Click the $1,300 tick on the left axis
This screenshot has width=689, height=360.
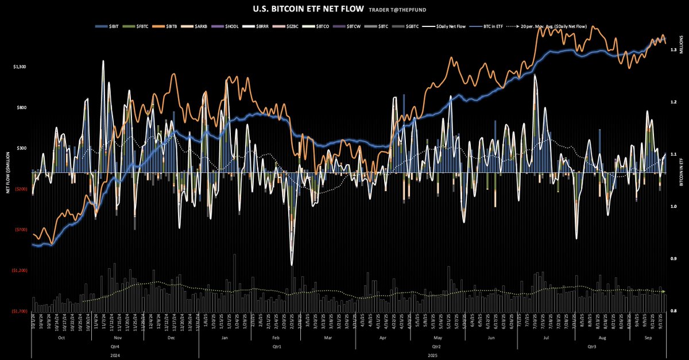coord(19,67)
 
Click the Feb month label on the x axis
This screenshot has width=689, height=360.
coord(275,339)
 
